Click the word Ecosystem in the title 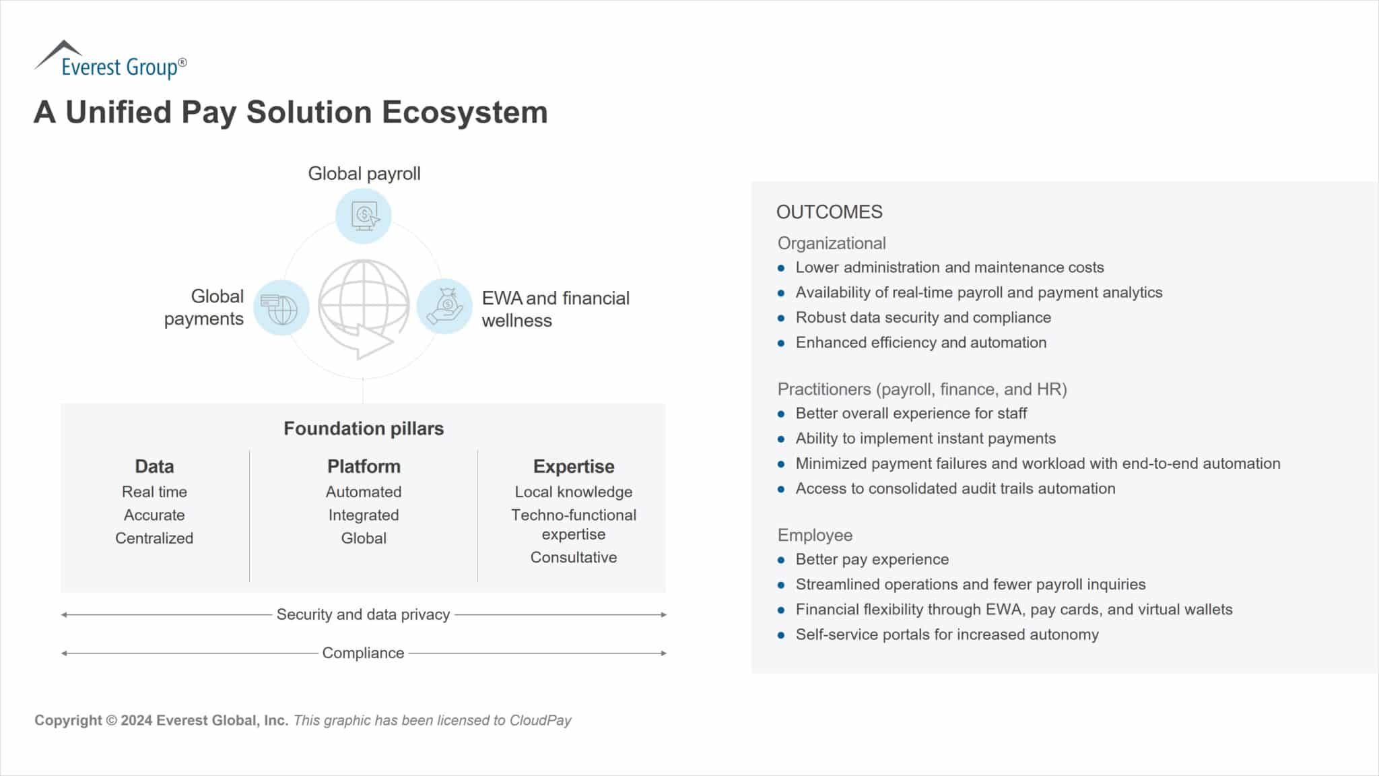coord(465,112)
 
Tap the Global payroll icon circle coord(364,216)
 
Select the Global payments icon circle coord(281,308)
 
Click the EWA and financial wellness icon coord(445,306)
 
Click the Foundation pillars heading coord(364,428)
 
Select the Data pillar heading coord(154,466)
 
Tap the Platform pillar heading coord(364,466)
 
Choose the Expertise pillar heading coord(574,466)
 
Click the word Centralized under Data coord(154,538)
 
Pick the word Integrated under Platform coord(364,515)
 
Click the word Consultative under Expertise coord(574,558)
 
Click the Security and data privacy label coord(363,614)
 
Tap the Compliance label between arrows coord(363,653)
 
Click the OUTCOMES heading coord(829,212)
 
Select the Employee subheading coord(815,535)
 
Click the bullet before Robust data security coord(781,318)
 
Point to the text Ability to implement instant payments coord(925,439)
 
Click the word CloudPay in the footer coord(541,720)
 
